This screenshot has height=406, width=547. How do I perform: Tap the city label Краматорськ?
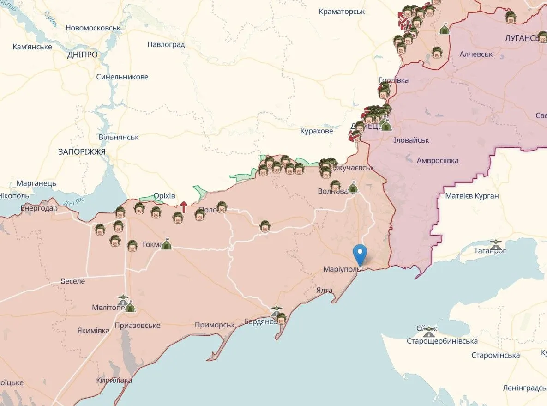342,11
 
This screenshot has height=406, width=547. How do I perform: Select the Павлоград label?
166,44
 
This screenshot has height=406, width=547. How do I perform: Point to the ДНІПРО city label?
82,55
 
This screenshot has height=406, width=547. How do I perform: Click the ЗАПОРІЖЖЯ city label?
82,151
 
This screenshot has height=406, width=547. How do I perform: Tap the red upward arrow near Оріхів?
183,207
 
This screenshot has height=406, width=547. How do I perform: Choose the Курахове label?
316,131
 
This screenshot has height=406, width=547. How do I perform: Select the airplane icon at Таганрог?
496,242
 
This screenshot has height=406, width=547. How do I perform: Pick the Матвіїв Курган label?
472,196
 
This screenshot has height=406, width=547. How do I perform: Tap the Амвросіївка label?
438,160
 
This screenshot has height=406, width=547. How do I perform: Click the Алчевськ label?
476,54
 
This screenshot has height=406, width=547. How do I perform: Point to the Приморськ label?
215,325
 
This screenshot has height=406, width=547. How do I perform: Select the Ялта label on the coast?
324,290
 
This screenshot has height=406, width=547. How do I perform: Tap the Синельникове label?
122,77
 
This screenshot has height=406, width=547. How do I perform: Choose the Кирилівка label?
114,380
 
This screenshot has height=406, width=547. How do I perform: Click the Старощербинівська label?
442,341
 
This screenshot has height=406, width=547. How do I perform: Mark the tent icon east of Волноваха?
353,187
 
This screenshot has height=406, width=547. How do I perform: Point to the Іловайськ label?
411,140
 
